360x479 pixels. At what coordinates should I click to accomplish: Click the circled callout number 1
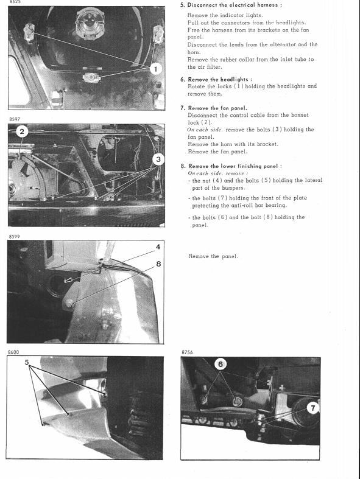point(156,69)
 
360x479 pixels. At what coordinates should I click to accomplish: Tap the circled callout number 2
point(22,131)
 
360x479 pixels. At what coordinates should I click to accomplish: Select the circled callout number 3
point(158,159)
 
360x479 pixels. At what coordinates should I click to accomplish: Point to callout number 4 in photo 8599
point(158,246)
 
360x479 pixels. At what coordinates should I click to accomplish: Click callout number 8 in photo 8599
point(158,264)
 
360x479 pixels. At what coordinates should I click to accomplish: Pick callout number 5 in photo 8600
point(27,362)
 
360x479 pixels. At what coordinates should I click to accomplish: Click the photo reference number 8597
point(15,119)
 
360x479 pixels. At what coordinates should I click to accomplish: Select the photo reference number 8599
point(15,236)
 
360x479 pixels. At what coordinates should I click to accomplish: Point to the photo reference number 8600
point(13,352)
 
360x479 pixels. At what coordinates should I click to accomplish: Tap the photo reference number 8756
point(187,352)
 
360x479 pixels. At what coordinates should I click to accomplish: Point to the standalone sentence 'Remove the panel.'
point(213,256)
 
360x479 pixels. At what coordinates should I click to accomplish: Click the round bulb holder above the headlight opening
point(88,23)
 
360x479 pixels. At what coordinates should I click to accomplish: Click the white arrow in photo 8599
point(70,279)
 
